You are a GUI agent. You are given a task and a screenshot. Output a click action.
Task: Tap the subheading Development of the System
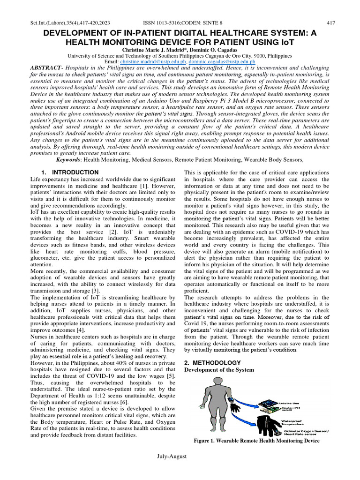(219, 370)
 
